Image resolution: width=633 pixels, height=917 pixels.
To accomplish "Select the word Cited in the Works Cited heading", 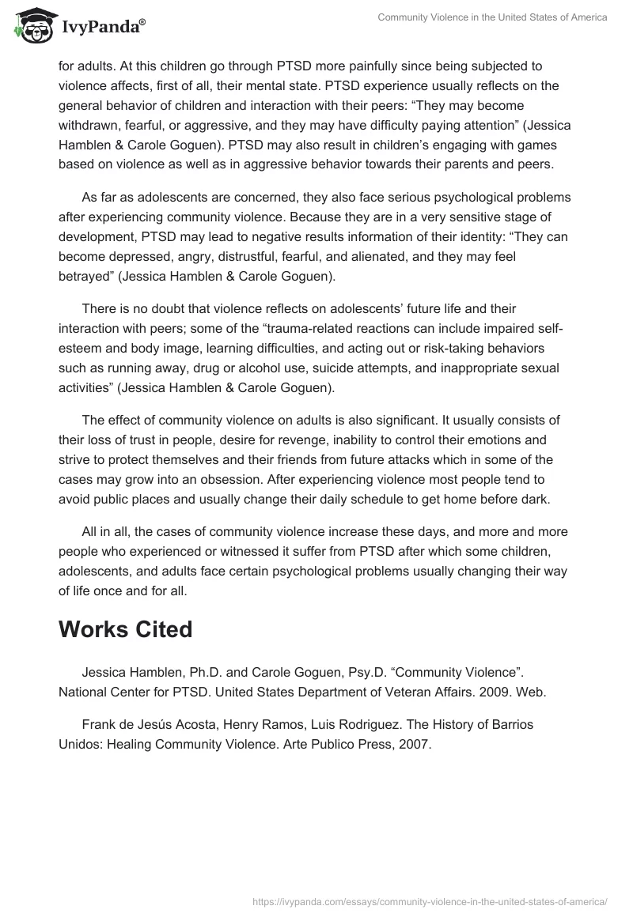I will [154, 629].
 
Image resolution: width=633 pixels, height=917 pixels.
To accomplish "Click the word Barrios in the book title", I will [510, 724].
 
